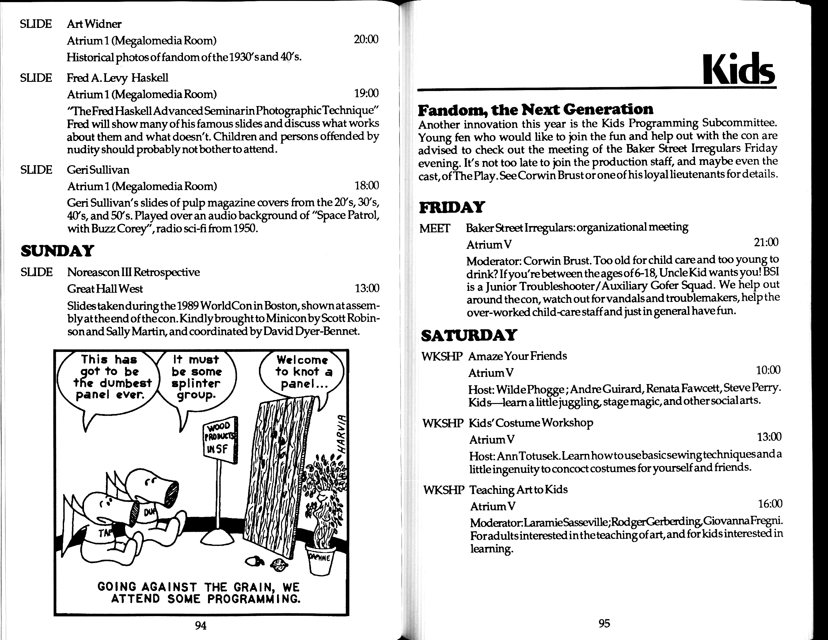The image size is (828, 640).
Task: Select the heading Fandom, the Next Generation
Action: [535, 109]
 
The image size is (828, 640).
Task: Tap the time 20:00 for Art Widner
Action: [366, 40]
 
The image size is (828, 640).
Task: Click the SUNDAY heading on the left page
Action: [57, 251]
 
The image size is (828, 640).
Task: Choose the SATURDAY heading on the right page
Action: [469, 335]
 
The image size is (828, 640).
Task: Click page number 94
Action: [200, 625]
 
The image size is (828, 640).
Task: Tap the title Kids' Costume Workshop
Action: [531, 423]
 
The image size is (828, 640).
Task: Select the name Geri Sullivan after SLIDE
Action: [98, 170]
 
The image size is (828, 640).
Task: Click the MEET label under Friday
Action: [435, 228]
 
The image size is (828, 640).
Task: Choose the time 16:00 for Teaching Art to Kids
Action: [769, 504]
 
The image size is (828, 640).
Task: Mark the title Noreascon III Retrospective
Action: [133, 272]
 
